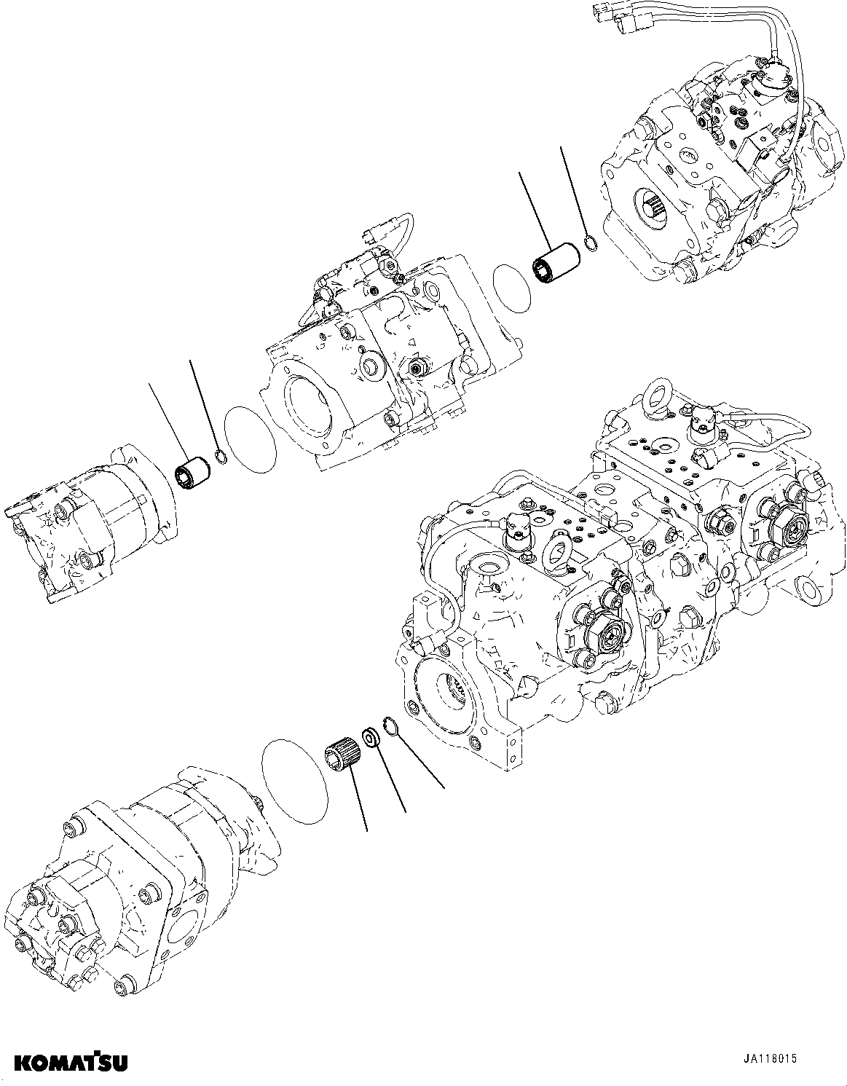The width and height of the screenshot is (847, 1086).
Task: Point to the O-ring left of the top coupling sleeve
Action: pyautogui.click(x=512, y=288)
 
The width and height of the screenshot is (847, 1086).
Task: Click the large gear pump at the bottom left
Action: pyautogui.click(x=138, y=874)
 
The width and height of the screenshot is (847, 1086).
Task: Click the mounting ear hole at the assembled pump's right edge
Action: pyautogui.click(x=809, y=586)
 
